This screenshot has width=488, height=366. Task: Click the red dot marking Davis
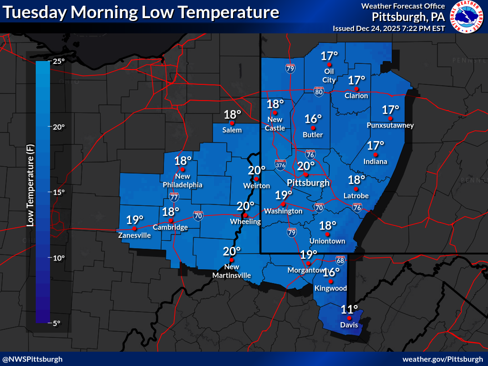coord(349,318)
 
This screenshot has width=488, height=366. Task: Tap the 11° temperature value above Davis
coord(349,309)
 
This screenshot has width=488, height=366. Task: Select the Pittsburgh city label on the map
coord(308,183)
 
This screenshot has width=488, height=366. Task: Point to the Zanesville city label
coord(135,235)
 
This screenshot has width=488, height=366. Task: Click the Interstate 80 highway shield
coord(319,91)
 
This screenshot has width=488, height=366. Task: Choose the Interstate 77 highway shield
coord(174,196)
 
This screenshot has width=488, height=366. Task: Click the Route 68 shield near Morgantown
coord(340,260)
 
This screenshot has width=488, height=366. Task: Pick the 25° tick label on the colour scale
coord(59,61)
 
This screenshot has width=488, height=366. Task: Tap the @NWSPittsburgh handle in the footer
coord(32,359)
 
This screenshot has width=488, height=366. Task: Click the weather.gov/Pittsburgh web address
coord(443,359)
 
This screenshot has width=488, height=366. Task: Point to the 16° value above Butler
coord(313,119)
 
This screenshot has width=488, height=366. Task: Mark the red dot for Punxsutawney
coord(390,118)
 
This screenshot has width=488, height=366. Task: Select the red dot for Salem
coord(233,122)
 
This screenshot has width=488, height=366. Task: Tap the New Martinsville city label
coord(231,272)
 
